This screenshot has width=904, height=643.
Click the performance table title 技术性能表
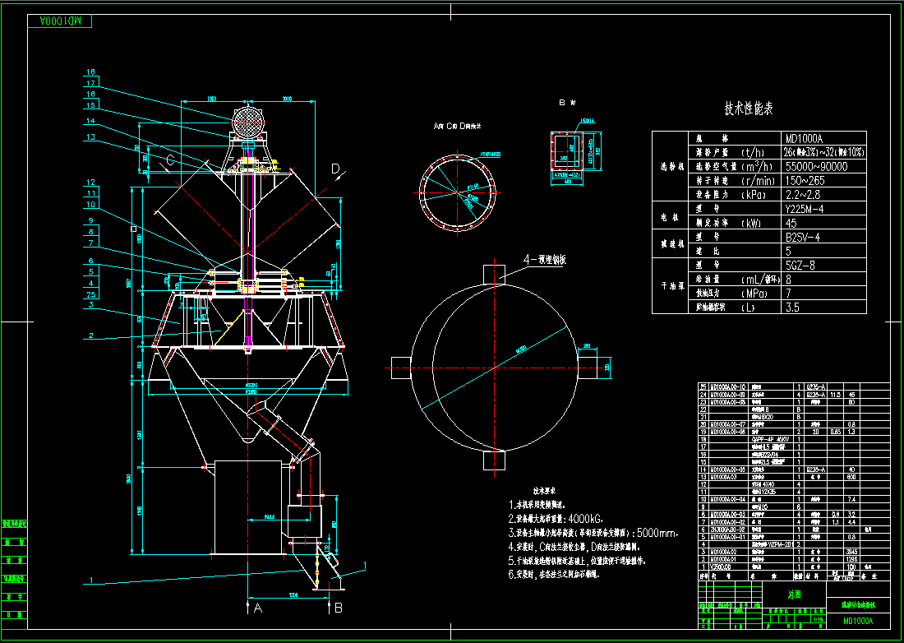pos(748,109)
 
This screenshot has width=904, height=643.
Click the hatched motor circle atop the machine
pos(249,123)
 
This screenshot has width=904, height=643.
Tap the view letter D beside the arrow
pos(335,169)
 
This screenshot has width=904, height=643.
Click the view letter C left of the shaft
pos(170,160)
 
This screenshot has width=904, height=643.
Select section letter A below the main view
pos(258,608)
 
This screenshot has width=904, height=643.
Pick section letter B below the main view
pos(337,608)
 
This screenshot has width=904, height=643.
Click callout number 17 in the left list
pos(90,83)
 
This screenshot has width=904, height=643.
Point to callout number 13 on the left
pos(90,136)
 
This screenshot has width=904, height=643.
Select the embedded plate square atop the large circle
pos(493,272)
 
